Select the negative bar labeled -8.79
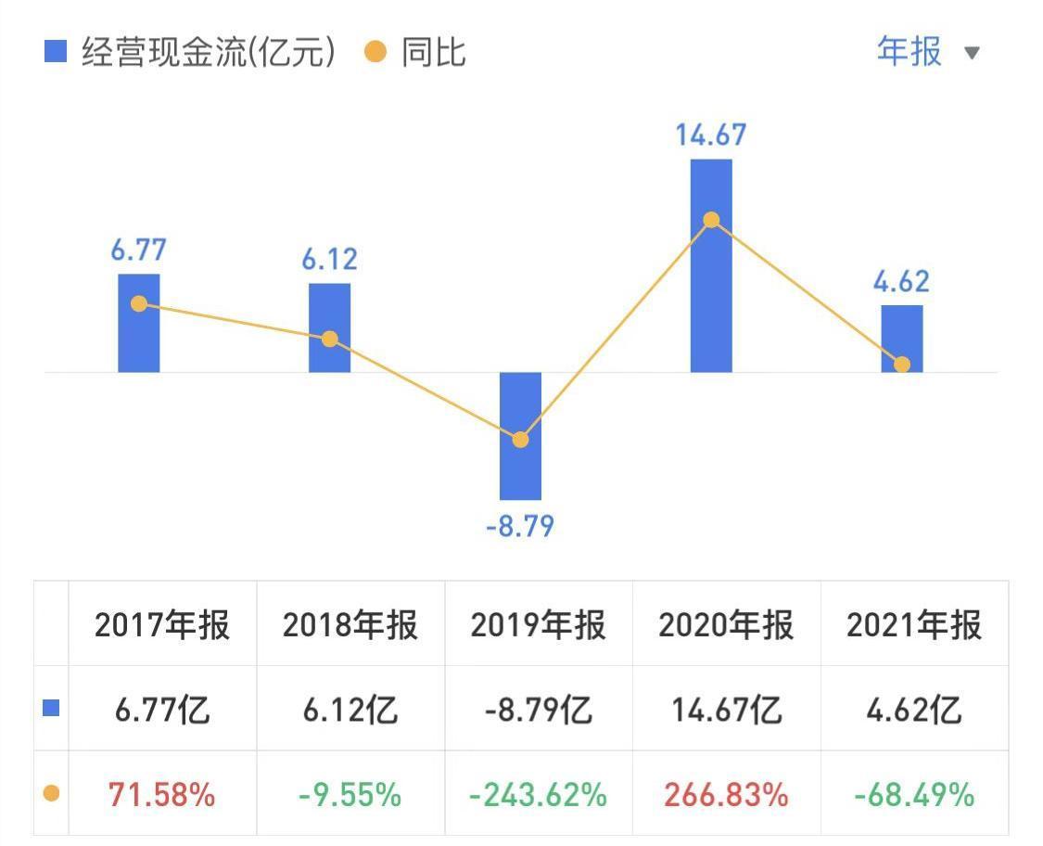point(520,436)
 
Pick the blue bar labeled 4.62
point(901,338)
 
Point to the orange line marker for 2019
point(520,440)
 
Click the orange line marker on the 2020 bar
point(711,220)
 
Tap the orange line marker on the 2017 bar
point(139,303)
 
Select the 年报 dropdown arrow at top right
point(972,53)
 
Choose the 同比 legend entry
point(416,53)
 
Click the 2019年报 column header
point(538,625)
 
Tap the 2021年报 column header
point(913,625)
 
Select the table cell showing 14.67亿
point(726,711)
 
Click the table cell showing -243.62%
point(538,794)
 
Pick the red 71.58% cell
point(162,794)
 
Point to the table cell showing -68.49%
point(913,794)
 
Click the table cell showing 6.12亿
point(350,711)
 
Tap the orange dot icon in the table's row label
point(52,794)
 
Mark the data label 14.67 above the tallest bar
point(711,135)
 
